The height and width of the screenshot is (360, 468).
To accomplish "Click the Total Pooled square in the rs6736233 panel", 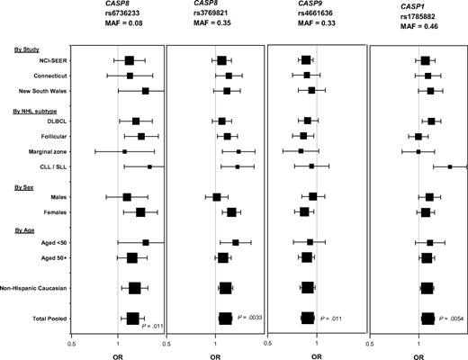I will pyautogui.click(x=132, y=318).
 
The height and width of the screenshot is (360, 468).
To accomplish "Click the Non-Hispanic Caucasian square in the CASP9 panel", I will pyautogui.click(x=308, y=287).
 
